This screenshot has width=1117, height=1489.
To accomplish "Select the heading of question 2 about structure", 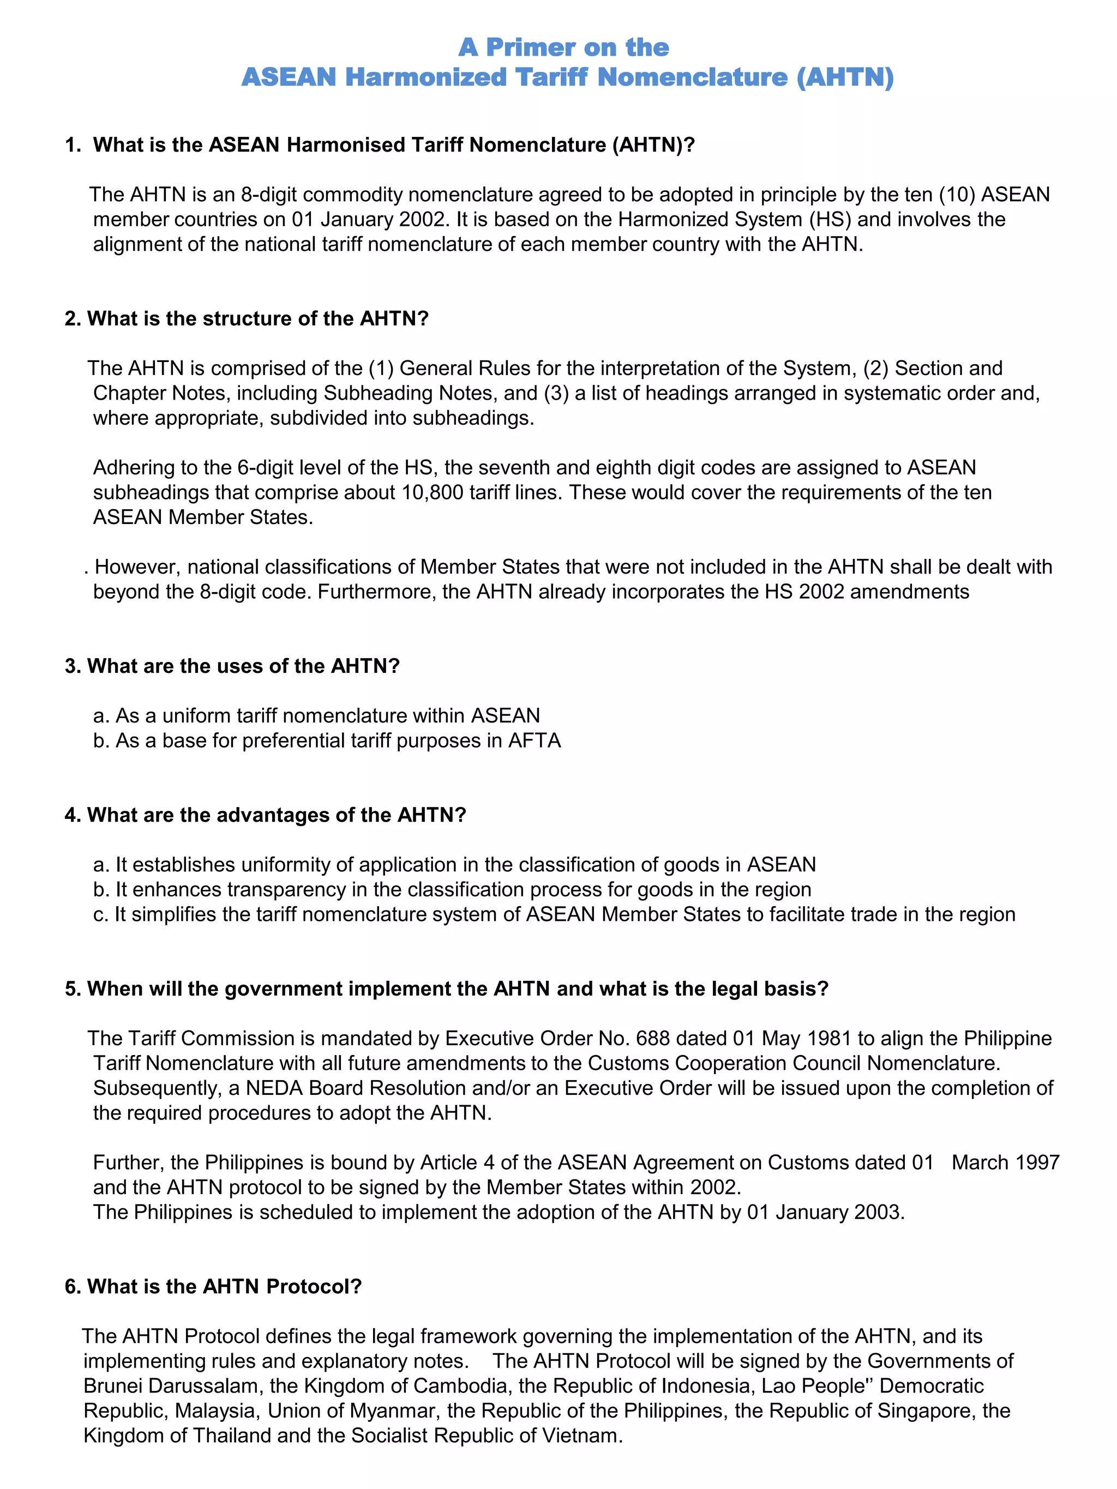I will click(x=247, y=318).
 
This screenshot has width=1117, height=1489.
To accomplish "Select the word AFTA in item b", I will click(x=535, y=740).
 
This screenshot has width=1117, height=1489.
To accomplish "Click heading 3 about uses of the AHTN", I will click(x=232, y=666).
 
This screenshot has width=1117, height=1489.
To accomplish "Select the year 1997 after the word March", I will click(x=1037, y=1162).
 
